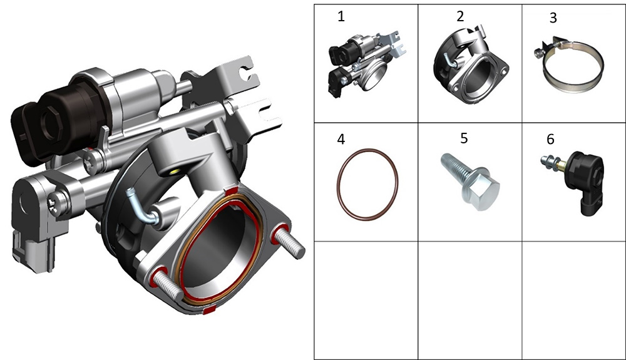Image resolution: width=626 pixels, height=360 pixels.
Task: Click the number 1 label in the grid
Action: pyautogui.click(x=341, y=16)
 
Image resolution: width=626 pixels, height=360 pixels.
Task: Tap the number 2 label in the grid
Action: pyautogui.click(x=460, y=16)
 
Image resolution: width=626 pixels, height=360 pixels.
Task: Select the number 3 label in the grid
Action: pyautogui.click(x=553, y=18)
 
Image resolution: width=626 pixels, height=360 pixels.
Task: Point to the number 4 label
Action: pyautogui.click(x=341, y=139)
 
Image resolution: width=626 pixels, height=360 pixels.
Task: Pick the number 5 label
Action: pyautogui.click(x=464, y=138)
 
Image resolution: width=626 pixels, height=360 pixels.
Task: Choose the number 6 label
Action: pyautogui.click(x=550, y=139)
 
